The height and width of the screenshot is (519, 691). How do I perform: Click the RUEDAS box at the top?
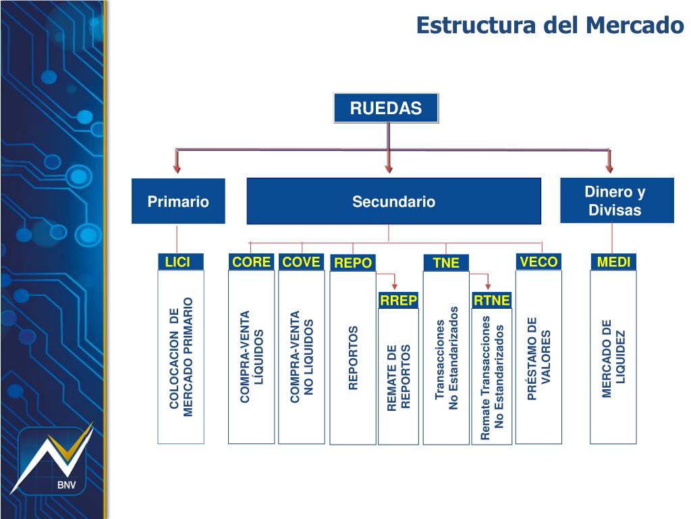[x=386, y=108]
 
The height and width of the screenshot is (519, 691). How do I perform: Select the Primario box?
[x=178, y=201]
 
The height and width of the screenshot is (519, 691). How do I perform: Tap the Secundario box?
[x=393, y=201]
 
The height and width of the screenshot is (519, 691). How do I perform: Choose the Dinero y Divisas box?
[x=617, y=201]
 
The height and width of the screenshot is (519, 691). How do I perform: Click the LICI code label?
[x=178, y=262]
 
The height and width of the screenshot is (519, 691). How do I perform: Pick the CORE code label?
[x=251, y=262]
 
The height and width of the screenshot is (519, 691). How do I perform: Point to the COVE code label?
[x=301, y=262]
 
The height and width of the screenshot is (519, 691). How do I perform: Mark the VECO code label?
[x=539, y=262]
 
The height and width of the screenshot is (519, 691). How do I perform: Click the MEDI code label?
[x=613, y=262]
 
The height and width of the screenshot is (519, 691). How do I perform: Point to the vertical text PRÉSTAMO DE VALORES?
[x=539, y=358]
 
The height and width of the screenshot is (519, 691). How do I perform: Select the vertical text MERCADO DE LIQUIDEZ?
[x=613, y=358]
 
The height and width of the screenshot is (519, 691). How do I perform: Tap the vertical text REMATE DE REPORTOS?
[x=398, y=377]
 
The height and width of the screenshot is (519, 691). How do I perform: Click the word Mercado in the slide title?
[x=635, y=25]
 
